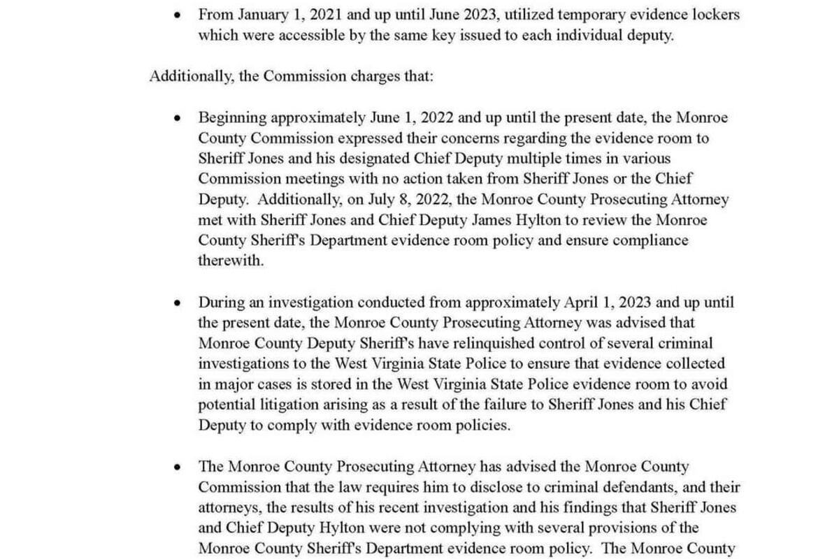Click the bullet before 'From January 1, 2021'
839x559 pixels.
(178, 14)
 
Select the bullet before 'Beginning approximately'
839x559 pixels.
(178, 118)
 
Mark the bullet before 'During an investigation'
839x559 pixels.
(178, 303)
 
